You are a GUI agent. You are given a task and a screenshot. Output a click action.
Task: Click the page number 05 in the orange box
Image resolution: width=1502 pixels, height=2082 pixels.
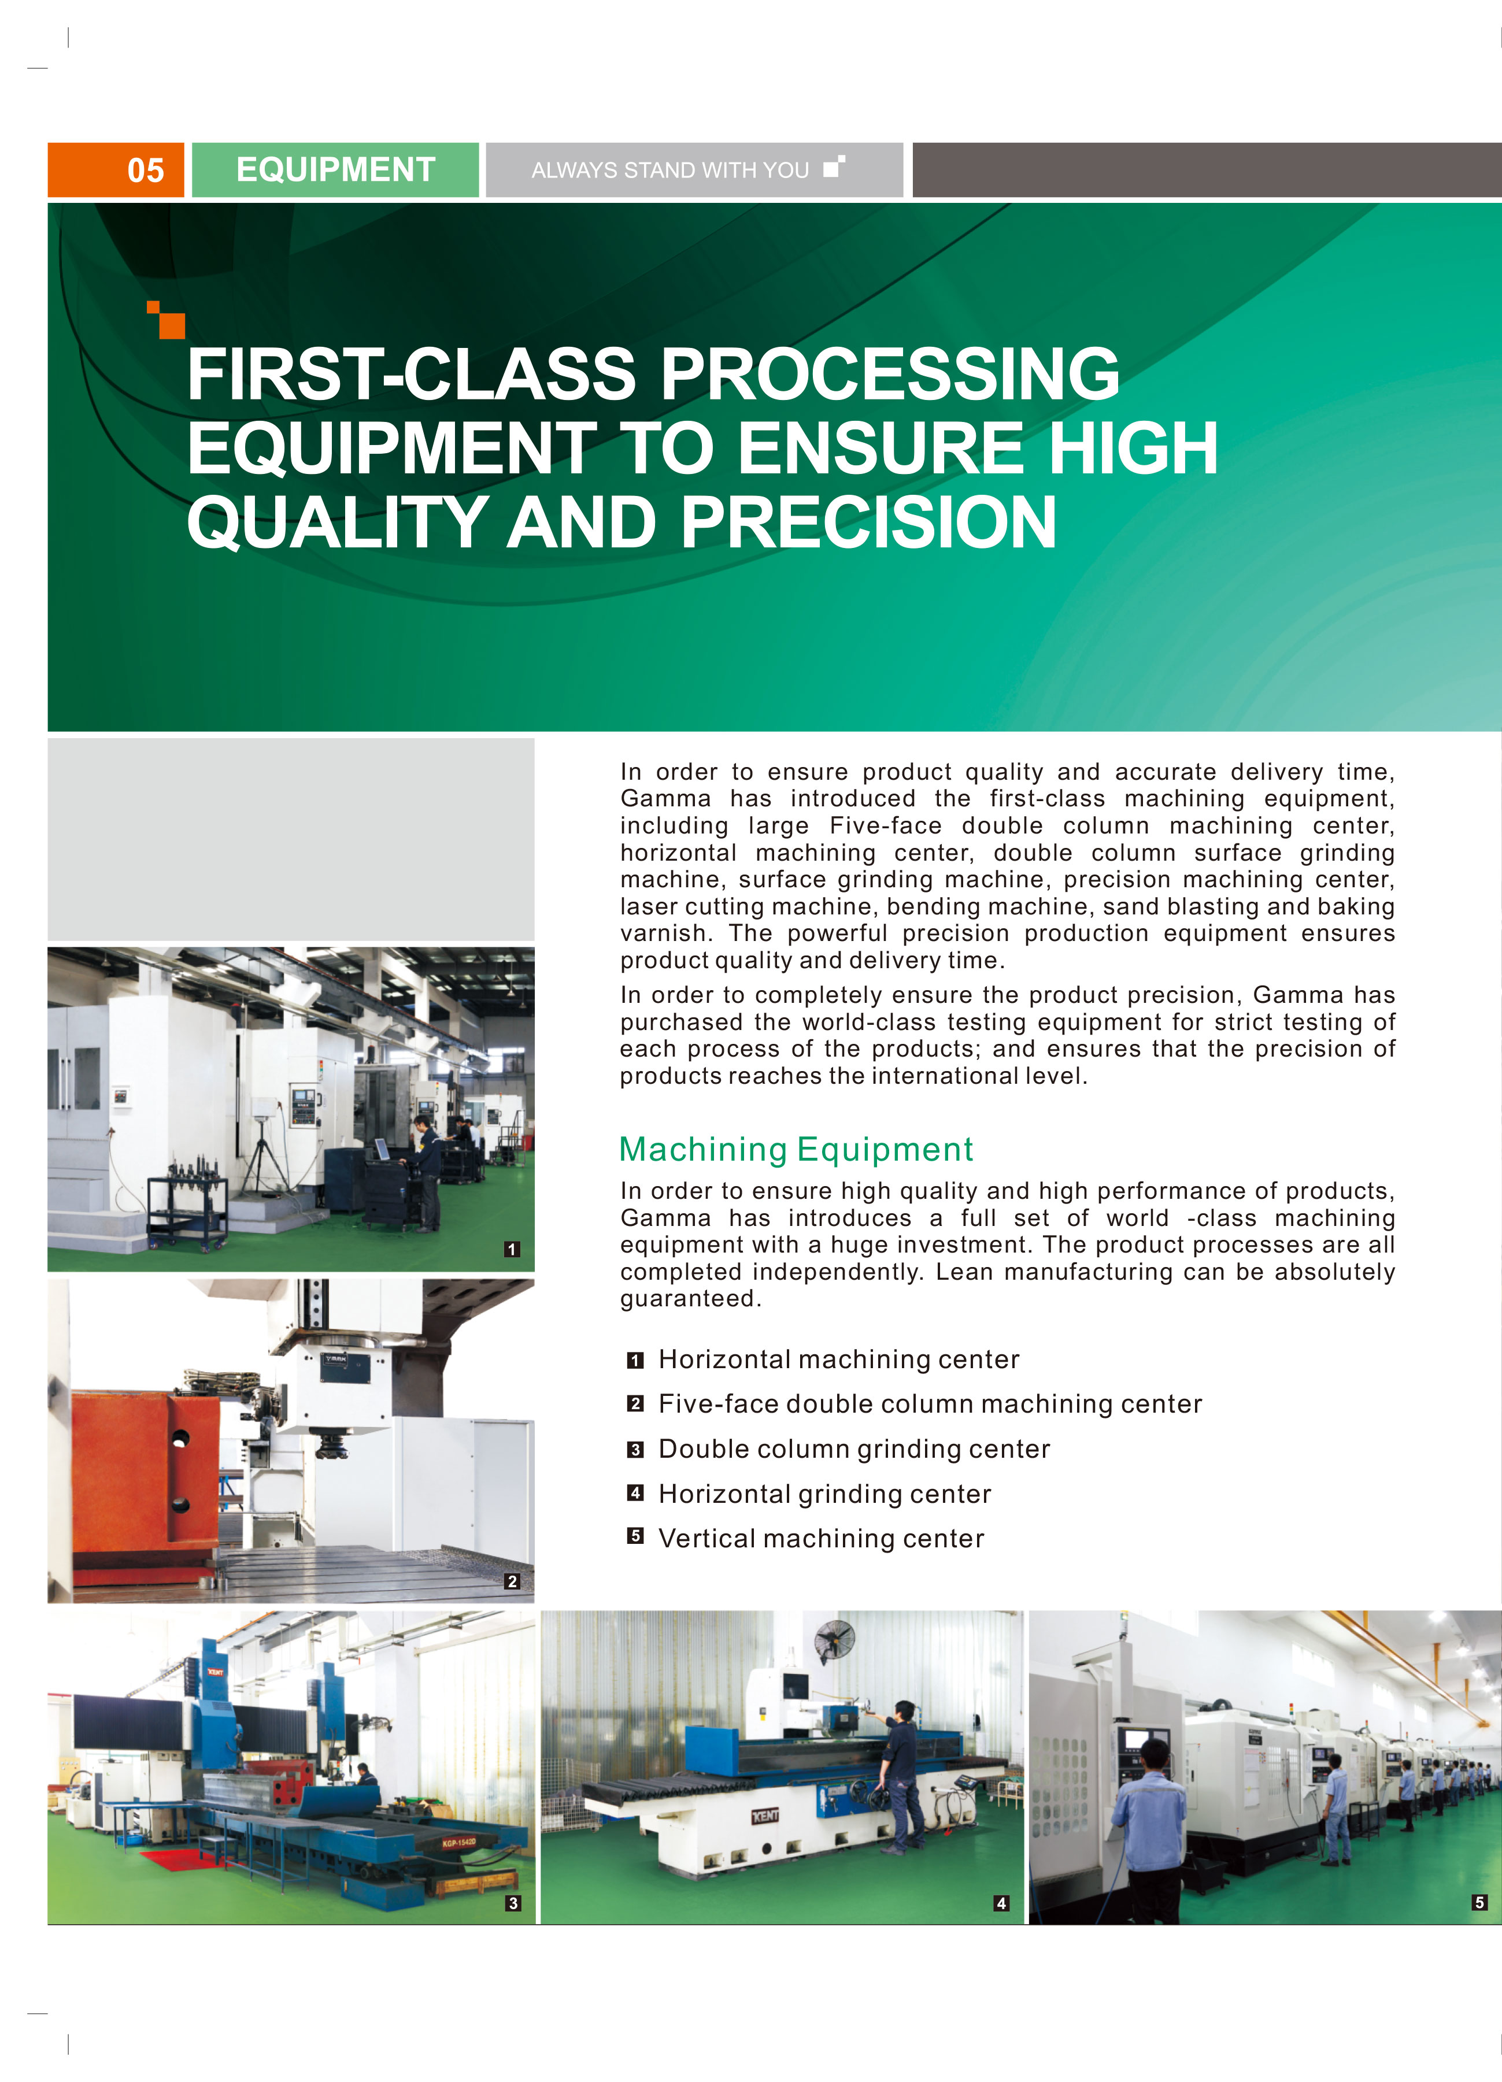[x=145, y=170]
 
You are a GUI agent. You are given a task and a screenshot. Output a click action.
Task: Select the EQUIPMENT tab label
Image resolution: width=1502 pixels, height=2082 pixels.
[x=335, y=170]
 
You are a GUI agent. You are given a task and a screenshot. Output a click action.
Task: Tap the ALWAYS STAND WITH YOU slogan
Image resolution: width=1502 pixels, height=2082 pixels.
[x=669, y=170]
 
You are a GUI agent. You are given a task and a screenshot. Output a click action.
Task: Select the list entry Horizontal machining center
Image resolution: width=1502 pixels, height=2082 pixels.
[x=838, y=1359]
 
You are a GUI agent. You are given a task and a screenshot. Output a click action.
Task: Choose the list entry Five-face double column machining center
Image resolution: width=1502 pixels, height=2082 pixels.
[x=930, y=1405]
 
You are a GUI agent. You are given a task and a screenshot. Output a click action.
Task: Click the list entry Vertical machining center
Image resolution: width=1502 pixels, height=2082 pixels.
[x=821, y=1539]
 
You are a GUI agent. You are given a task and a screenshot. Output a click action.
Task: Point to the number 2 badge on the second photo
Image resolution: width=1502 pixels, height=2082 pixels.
[x=512, y=1581]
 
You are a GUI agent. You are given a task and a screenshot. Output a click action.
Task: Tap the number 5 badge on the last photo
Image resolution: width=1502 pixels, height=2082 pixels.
[x=1479, y=1902]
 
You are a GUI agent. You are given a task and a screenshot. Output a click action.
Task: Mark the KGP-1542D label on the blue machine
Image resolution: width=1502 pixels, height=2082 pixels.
[x=459, y=1842]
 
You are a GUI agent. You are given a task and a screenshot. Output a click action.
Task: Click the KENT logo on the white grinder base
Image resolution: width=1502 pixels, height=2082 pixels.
[x=765, y=1816]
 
